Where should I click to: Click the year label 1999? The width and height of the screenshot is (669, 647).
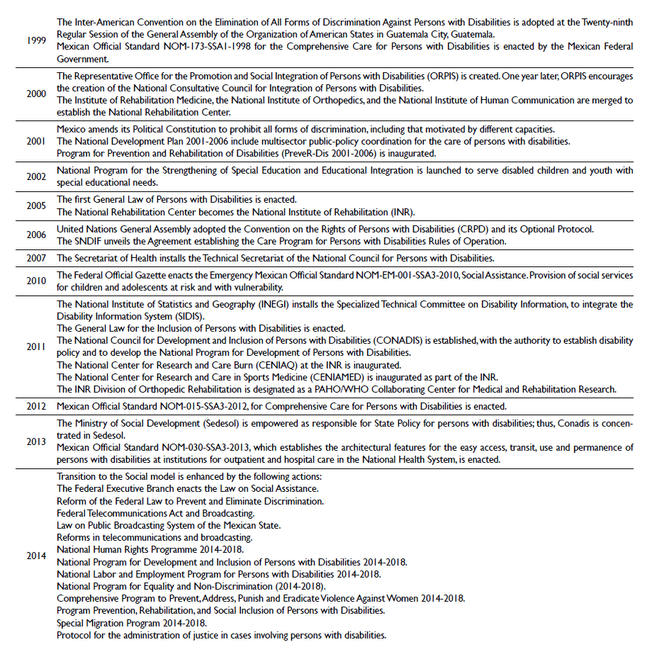point(36,40)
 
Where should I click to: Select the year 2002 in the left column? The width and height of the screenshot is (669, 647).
point(36,176)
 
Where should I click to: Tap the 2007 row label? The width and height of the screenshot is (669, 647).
point(36,258)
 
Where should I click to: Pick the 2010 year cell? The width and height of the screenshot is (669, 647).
point(36,281)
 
